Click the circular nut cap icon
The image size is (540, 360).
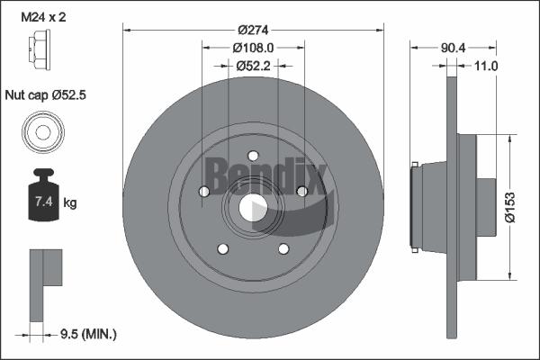tap(41, 132)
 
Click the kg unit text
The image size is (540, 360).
tap(70, 203)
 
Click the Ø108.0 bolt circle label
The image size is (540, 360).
tap(253, 46)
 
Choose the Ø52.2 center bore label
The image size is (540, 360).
tap(253, 66)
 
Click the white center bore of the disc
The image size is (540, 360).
tap(253, 207)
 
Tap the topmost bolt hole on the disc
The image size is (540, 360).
tap(253, 156)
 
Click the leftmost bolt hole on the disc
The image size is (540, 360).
tap(204, 191)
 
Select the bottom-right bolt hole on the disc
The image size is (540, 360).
tap(283, 248)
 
